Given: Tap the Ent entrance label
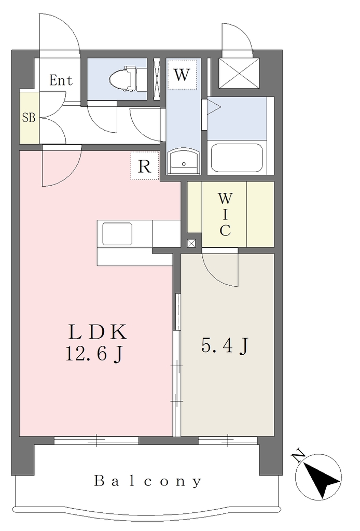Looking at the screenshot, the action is pyautogui.click(x=61, y=80).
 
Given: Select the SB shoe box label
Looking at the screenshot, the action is pyautogui.click(x=29, y=118).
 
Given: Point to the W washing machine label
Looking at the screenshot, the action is pyautogui.click(x=182, y=75).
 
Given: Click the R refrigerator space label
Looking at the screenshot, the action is pyautogui.click(x=145, y=166).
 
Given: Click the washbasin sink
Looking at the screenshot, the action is pyautogui.click(x=184, y=161).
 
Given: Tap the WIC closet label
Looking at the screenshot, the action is pyautogui.click(x=225, y=214).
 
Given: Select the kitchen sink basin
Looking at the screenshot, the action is pyautogui.click(x=117, y=234).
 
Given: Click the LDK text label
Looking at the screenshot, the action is pyautogui.click(x=98, y=332).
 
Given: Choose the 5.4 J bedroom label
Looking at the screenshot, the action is pyautogui.click(x=225, y=346).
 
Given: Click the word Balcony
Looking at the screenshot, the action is pyautogui.click(x=148, y=481).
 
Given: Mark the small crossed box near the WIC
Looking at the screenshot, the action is pyautogui.click(x=191, y=243).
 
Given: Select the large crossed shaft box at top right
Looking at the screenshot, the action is pyautogui.click(x=239, y=73).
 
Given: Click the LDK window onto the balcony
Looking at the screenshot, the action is pyautogui.click(x=96, y=440).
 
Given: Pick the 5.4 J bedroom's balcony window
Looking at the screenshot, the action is pyautogui.click(x=228, y=440).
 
